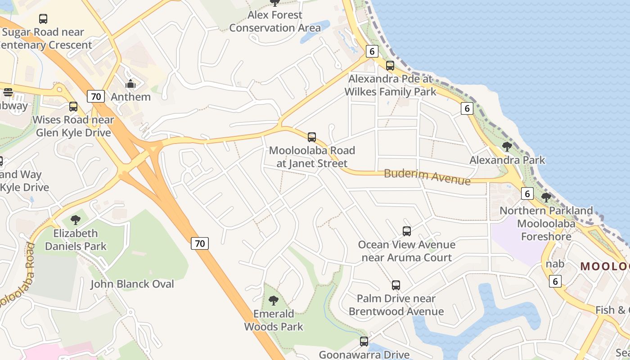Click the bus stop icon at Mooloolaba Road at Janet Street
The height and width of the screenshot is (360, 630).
(x=311, y=137)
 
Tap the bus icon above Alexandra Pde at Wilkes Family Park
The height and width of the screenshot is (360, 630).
(x=390, y=66)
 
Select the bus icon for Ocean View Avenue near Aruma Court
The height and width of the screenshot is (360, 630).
(x=407, y=231)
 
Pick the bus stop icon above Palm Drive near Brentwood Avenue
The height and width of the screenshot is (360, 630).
(x=396, y=285)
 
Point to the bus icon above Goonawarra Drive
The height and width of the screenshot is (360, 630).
(x=364, y=342)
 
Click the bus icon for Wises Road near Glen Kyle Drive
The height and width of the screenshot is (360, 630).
(x=73, y=107)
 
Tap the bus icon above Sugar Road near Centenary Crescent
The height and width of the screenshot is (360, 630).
(x=43, y=19)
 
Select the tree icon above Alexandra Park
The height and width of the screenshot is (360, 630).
(x=507, y=147)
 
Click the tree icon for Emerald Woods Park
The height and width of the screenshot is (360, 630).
(x=273, y=301)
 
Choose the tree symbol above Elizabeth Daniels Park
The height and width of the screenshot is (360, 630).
(x=76, y=220)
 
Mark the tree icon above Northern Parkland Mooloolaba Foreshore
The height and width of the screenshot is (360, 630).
(x=546, y=197)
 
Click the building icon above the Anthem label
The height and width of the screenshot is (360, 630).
(x=130, y=84)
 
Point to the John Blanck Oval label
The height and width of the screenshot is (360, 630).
(x=132, y=284)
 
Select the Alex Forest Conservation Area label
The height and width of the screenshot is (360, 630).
(x=275, y=21)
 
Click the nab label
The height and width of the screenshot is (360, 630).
(x=555, y=264)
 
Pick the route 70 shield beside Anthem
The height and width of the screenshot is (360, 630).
(x=95, y=96)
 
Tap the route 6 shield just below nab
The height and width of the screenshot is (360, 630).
(x=555, y=281)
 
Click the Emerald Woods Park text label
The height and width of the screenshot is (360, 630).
(x=274, y=320)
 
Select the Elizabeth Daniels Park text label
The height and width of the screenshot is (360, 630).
(x=76, y=239)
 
